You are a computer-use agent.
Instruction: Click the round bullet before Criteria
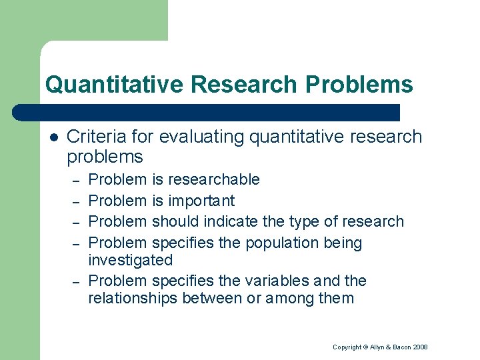tap(53, 137)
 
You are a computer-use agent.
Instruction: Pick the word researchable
tap(214, 179)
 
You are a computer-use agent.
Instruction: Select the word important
tap(201, 201)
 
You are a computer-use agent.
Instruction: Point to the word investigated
tap(130, 260)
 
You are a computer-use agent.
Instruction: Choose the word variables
tap(273, 281)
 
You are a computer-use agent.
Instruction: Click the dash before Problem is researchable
tap(77, 180)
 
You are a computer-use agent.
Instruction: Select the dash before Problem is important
tap(77, 201)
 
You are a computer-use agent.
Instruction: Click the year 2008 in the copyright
tap(419, 347)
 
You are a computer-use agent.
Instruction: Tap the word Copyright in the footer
tap(347, 347)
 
